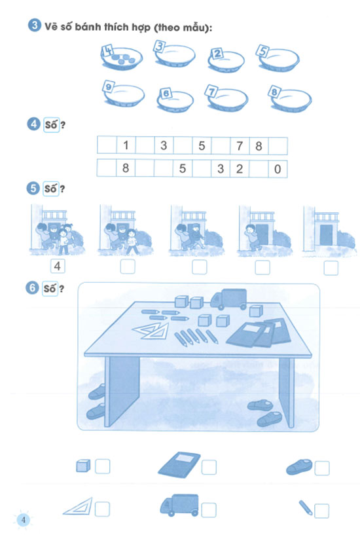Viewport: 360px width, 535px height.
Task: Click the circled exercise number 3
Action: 34,26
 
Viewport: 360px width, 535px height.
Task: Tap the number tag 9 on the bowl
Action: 108,86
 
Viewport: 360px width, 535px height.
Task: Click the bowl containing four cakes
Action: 122,58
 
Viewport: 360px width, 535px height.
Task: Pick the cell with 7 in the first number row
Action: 240,145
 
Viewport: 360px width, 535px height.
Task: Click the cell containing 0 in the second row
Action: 278,168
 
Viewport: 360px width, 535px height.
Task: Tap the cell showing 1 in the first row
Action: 126,145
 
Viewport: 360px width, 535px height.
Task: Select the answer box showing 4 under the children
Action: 58,266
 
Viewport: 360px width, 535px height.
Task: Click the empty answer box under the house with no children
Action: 331,268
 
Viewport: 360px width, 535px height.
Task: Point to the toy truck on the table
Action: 228,299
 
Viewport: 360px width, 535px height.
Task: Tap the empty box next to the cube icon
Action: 102,466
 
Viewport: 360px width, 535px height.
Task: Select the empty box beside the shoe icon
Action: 322,468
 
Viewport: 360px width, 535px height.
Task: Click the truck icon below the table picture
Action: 179,505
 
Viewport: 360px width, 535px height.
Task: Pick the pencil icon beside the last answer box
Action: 306,507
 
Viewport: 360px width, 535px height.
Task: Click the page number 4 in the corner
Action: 24,520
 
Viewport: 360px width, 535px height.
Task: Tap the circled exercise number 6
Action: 32,288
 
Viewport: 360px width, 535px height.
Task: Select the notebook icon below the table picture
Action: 179,465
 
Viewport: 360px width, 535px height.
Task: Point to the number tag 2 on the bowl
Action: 217,54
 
